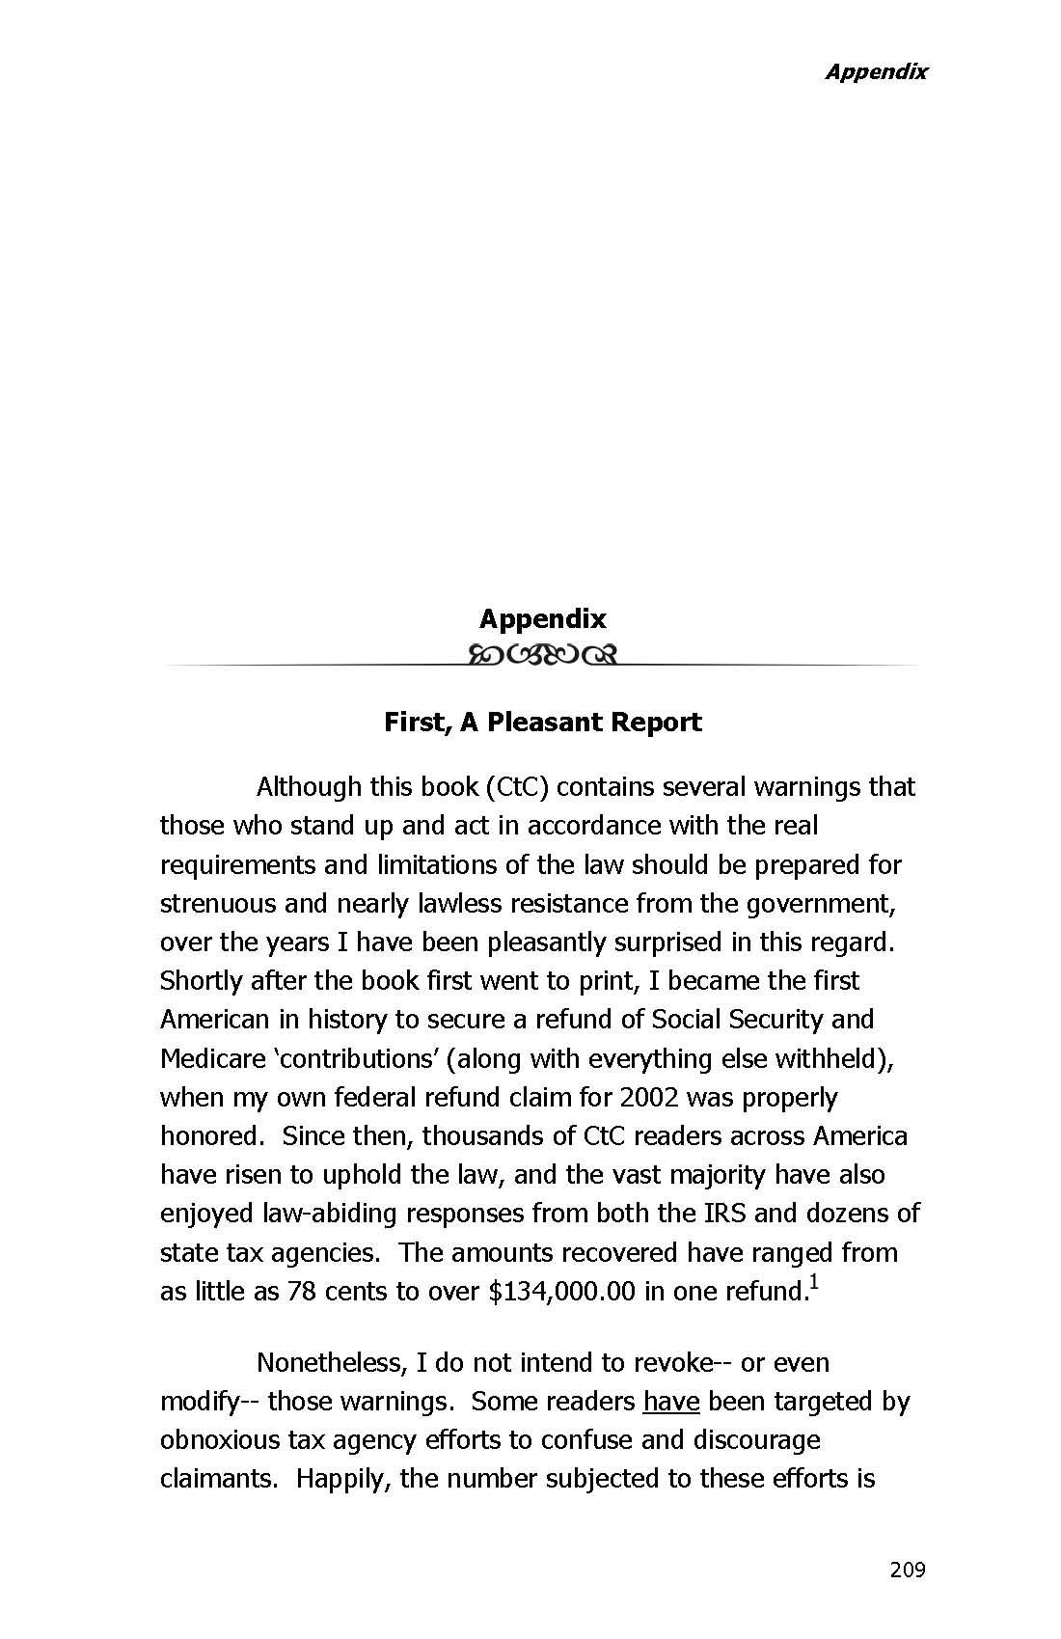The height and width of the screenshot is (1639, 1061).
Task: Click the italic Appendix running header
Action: pos(875,71)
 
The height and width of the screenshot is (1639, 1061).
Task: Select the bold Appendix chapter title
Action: pos(542,618)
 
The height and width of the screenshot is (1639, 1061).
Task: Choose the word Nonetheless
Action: pos(332,1363)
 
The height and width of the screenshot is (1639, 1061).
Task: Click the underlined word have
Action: pos(670,1402)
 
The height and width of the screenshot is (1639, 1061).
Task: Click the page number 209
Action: pos(907,1570)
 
